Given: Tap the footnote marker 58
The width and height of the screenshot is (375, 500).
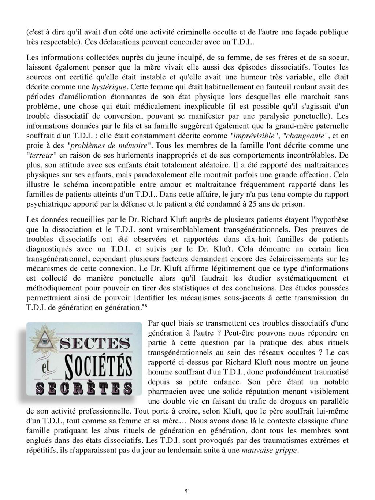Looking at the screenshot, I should pyautogui.click(x=144, y=306).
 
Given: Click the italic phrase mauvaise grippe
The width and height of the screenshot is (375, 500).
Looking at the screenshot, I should pyautogui.click(x=271, y=451).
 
